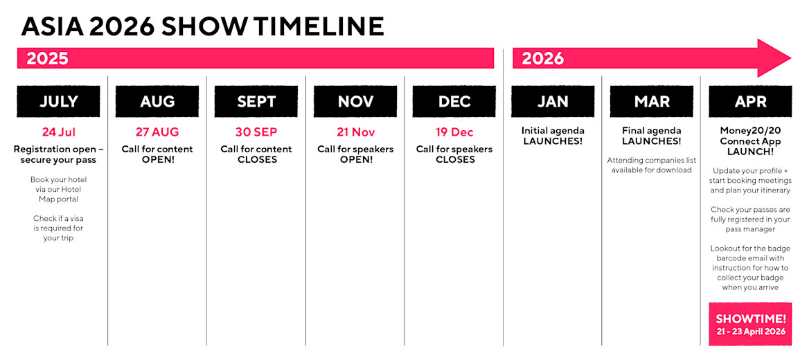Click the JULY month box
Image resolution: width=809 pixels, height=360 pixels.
tap(58, 101)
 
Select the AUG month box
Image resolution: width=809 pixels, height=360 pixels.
tap(157, 101)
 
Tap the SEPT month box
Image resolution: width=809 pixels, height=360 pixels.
tap(256, 101)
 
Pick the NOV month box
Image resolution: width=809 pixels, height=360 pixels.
tap(355, 101)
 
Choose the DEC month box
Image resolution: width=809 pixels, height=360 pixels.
tap(454, 101)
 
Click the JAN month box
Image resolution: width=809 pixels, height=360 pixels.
tap(553, 101)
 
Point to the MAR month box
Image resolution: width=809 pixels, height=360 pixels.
tap(652, 101)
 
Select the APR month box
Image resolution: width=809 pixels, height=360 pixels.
tap(750, 101)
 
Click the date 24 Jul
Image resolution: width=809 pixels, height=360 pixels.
tap(58, 132)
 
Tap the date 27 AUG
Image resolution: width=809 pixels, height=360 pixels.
tap(157, 132)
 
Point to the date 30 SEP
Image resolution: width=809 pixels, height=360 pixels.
tap(256, 132)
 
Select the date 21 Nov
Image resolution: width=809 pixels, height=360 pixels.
tap(355, 132)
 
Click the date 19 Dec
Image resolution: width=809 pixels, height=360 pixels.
tap(454, 132)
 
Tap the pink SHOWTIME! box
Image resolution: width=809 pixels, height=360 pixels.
tap(750, 324)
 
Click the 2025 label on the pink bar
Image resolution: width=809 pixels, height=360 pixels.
tap(48, 59)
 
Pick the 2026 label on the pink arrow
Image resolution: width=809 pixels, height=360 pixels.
tap(543, 59)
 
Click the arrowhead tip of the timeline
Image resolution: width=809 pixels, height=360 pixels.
tap(791, 58)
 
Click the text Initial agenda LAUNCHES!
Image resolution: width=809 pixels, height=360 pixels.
tap(553, 136)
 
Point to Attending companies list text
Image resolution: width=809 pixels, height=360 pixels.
tap(652, 165)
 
